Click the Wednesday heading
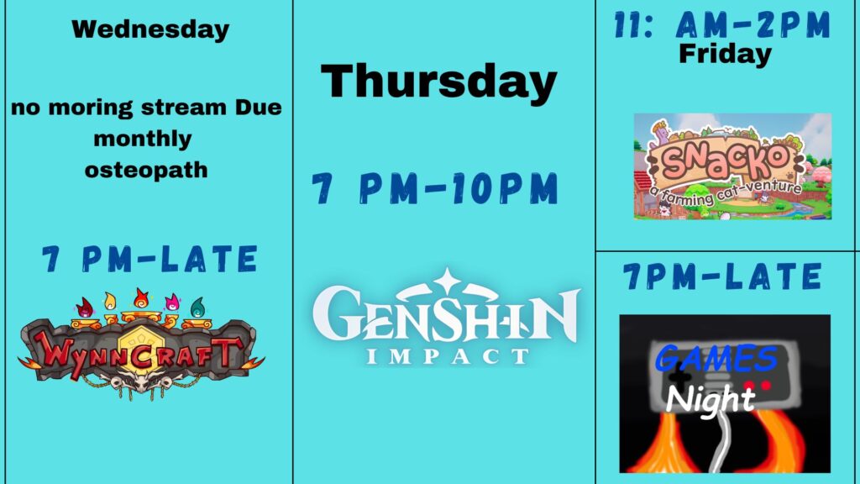[x=150, y=29]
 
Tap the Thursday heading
[x=438, y=82]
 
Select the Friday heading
[x=725, y=55]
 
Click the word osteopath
[x=146, y=170]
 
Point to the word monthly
[x=143, y=139]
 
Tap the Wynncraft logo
[x=140, y=344]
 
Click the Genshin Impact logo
[x=446, y=317]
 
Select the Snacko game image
[x=732, y=166]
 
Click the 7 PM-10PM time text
[x=435, y=188]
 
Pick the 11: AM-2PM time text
[x=722, y=25]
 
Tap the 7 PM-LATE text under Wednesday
[x=149, y=259]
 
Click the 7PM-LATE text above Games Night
[x=722, y=276]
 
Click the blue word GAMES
[x=716, y=358]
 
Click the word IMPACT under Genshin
[x=447, y=356]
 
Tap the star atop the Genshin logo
[x=447, y=281]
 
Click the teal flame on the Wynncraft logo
[x=197, y=308]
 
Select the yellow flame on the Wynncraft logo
[x=110, y=302]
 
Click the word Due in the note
[x=259, y=107]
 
